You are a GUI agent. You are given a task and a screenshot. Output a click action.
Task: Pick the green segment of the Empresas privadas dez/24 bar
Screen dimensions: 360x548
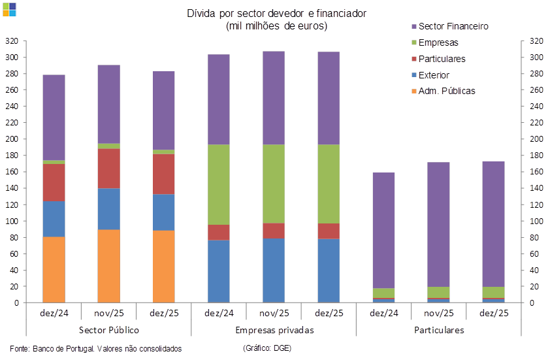[x=218, y=184]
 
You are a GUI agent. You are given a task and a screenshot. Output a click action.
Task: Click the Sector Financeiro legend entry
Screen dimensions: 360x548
[x=451, y=27]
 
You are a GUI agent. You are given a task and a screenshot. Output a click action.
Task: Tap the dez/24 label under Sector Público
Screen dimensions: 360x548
[x=54, y=313]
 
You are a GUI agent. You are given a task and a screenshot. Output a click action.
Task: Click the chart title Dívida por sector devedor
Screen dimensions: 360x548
[x=277, y=13]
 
